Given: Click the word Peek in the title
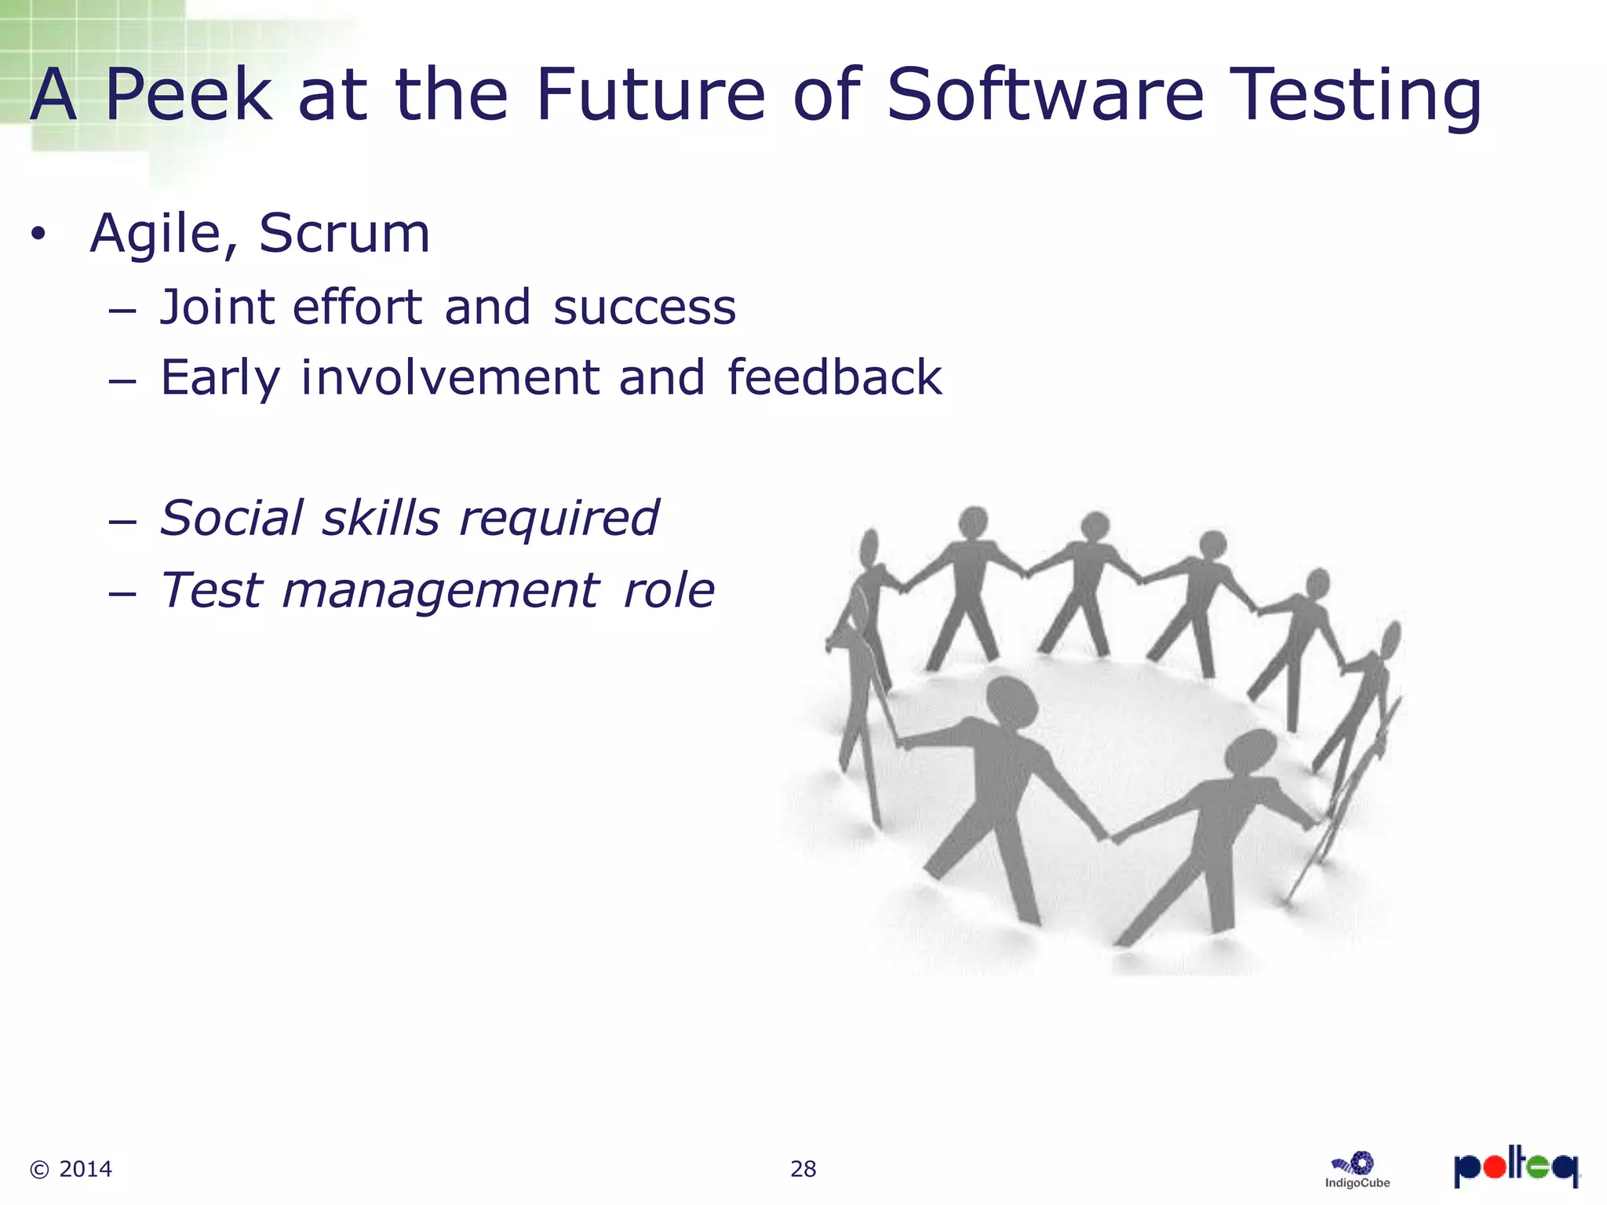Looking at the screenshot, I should tap(188, 96).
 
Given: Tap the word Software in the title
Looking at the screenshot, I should tap(1044, 96).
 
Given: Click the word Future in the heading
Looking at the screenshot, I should tap(650, 96).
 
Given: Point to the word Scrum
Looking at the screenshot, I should tap(344, 234).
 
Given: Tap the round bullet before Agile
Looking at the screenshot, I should tap(38, 235).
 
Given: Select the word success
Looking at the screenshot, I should tap(644, 308).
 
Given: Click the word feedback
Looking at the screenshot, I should tap(834, 377).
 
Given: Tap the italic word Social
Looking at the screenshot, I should tap(231, 519).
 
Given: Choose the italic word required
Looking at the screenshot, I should tap(559, 520).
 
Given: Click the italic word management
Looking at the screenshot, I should tap(440, 592).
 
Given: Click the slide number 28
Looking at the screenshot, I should tap(803, 1169).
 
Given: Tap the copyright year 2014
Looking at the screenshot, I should tap(85, 1169).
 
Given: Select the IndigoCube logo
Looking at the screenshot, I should tap(1357, 1170).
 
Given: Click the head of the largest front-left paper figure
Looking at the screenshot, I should tap(1011, 701).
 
